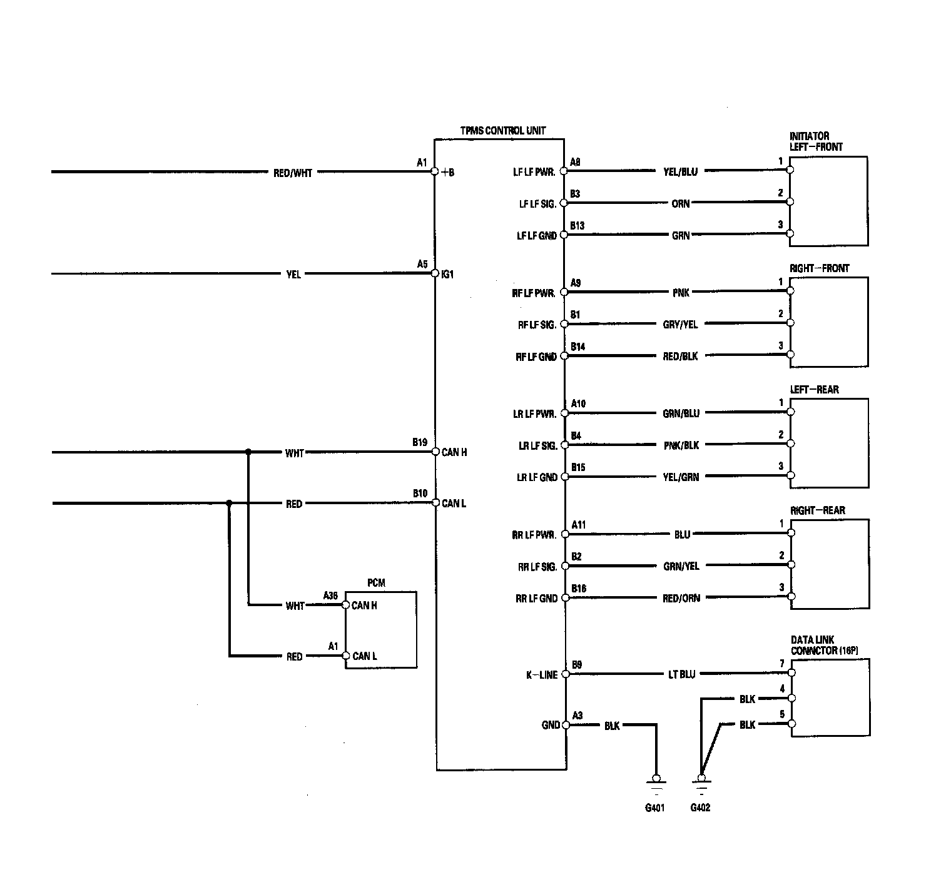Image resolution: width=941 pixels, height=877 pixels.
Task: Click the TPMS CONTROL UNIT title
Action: pyautogui.click(x=502, y=131)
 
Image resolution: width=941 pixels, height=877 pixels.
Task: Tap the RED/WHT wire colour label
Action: pyautogui.click(x=293, y=173)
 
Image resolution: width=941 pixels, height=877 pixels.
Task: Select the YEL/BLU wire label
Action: pyautogui.click(x=680, y=172)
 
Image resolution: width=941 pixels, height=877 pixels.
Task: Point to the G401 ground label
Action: pyautogui.click(x=655, y=808)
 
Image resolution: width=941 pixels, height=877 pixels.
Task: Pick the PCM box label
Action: pyautogui.click(x=376, y=583)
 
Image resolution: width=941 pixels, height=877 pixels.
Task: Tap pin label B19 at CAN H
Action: pyautogui.click(x=420, y=442)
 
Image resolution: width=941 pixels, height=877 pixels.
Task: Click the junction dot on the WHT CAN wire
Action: pyautogui.click(x=248, y=452)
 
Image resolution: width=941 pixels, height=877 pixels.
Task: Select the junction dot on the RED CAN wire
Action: pyautogui.click(x=230, y=503)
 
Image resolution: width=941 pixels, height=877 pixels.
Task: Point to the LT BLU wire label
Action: pyautogui.click(x=681, y=674)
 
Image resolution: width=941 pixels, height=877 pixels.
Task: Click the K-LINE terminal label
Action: pyautogui.click(x=542, y=675)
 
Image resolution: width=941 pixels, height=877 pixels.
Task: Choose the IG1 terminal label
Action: pyautogui.click(x=447, y=275)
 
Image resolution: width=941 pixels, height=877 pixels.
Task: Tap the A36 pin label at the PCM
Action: pyautogui.click(x=330, y=595)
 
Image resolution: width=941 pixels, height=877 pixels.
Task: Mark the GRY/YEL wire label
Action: pyautogui.click(x=680, y=325)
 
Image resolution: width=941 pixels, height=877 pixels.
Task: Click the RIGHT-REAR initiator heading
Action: pyautogui.click(x=817, y=510)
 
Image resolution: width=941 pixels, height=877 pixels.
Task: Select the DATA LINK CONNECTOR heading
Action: pyautogui.click(x=825, y=645)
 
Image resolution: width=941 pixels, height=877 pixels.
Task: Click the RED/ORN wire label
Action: pyautogui.click(x=681, y=599)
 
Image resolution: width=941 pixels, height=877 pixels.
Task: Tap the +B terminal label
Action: pyautogui.click(x=447, y=173)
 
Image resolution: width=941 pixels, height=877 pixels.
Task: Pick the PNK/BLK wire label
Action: pyautogui.click(x=681, y=445)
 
